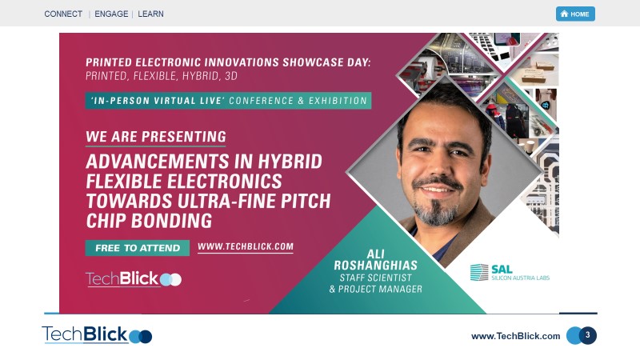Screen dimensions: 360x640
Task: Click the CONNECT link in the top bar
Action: (63, 14)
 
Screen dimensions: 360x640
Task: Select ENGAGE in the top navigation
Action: (111, 14)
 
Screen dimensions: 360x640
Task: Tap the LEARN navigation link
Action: (150, 14)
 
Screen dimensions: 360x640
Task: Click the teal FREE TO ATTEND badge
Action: (138, 248)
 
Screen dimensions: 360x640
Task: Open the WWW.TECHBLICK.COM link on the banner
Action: (245, 247)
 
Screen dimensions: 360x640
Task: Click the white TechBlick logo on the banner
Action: (133, 278)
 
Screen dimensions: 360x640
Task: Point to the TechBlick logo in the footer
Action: (97, 334)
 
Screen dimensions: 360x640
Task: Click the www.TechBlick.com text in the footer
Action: (515, 336)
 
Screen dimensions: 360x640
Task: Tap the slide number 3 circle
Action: (588, 335)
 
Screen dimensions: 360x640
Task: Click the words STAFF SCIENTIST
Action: (376, 278)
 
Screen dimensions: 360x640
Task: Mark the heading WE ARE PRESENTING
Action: (156, 137)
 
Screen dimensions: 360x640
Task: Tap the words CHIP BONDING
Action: (149, 220)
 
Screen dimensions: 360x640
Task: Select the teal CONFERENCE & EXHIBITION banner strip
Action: (229, 101)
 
